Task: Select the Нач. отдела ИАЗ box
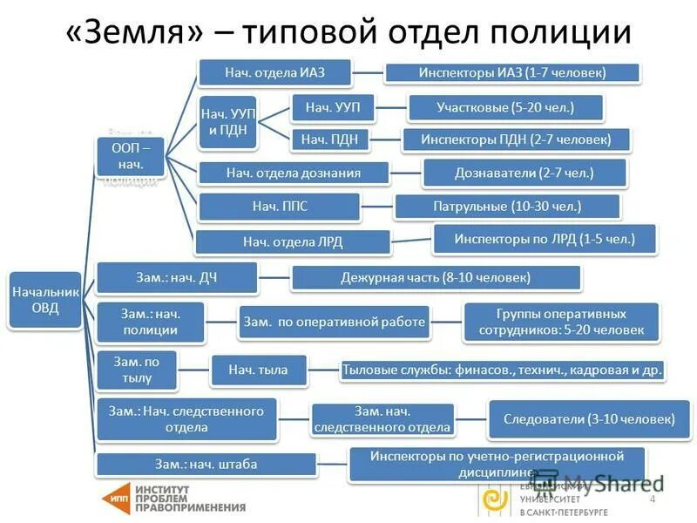274,72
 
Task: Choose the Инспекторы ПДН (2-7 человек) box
516,139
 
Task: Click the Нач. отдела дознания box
293,173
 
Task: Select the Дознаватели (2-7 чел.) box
524,173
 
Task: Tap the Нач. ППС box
279,207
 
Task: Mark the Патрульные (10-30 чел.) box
507,207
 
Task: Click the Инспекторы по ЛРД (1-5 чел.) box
544,238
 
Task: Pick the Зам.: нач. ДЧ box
176,277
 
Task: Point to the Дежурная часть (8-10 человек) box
436,278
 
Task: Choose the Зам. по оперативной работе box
335,323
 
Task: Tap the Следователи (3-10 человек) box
589,419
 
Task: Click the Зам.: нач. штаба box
206,465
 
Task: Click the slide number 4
652,499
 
